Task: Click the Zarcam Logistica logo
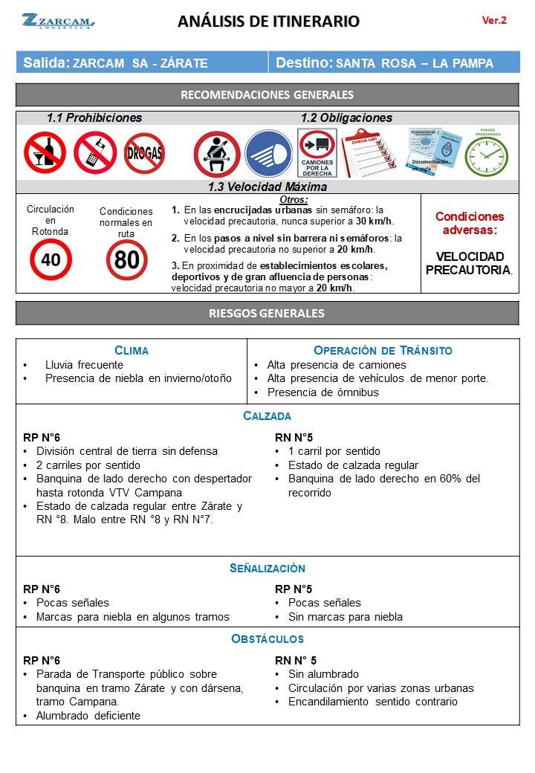[58, 21]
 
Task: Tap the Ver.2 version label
[494, 21]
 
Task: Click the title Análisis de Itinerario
[268, 22]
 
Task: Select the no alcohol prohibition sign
[45, 153]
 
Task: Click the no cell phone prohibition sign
[95, 153]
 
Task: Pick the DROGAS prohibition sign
[144, 154]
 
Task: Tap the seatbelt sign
[216, 154]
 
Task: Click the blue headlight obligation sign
[267, 154]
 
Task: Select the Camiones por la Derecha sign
[317, 153]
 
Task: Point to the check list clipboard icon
[370, 152]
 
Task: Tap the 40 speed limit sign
[51, 260]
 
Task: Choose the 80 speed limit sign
[127, 260]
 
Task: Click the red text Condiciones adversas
[469, 224]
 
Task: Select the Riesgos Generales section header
[267, 313]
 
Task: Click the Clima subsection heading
[132, 350]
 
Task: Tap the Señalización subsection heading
[267, 569]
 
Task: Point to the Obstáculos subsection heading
[267, 638]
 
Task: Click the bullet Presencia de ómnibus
[322, 392]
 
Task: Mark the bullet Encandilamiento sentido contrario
[373, 702]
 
